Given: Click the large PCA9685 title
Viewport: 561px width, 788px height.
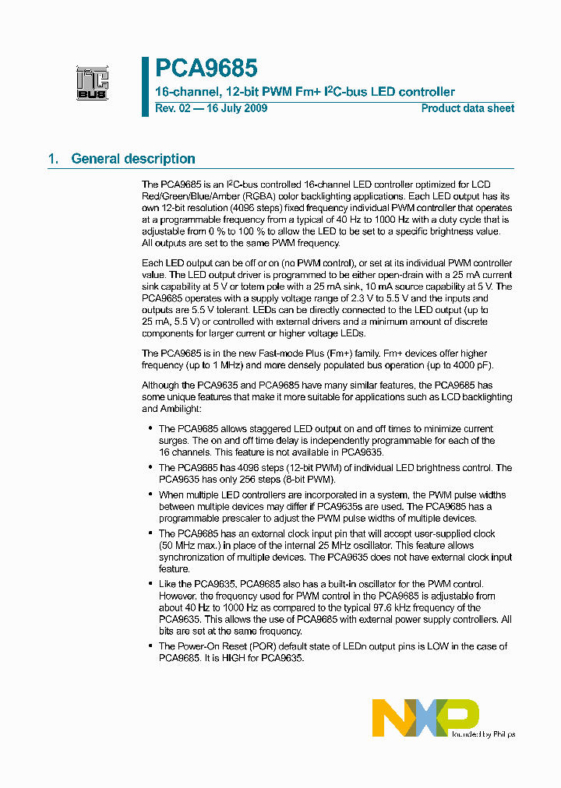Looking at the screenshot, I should pos(206,69).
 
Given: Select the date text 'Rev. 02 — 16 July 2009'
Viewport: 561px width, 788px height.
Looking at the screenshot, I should pos(211,108).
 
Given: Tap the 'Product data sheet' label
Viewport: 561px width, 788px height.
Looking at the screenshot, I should pos(467,108).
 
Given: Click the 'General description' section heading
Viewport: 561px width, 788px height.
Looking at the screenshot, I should pos(133,159).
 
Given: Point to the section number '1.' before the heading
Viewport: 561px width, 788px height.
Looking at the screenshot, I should pos(54,159).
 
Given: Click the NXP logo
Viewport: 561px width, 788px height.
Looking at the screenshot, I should pos(425,717).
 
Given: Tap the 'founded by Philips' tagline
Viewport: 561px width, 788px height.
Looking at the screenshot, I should pos(484,733).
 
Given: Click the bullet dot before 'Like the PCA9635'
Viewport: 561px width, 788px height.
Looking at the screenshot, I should pos(150,584).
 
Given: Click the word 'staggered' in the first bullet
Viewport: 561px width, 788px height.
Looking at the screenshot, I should pos(279,428).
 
